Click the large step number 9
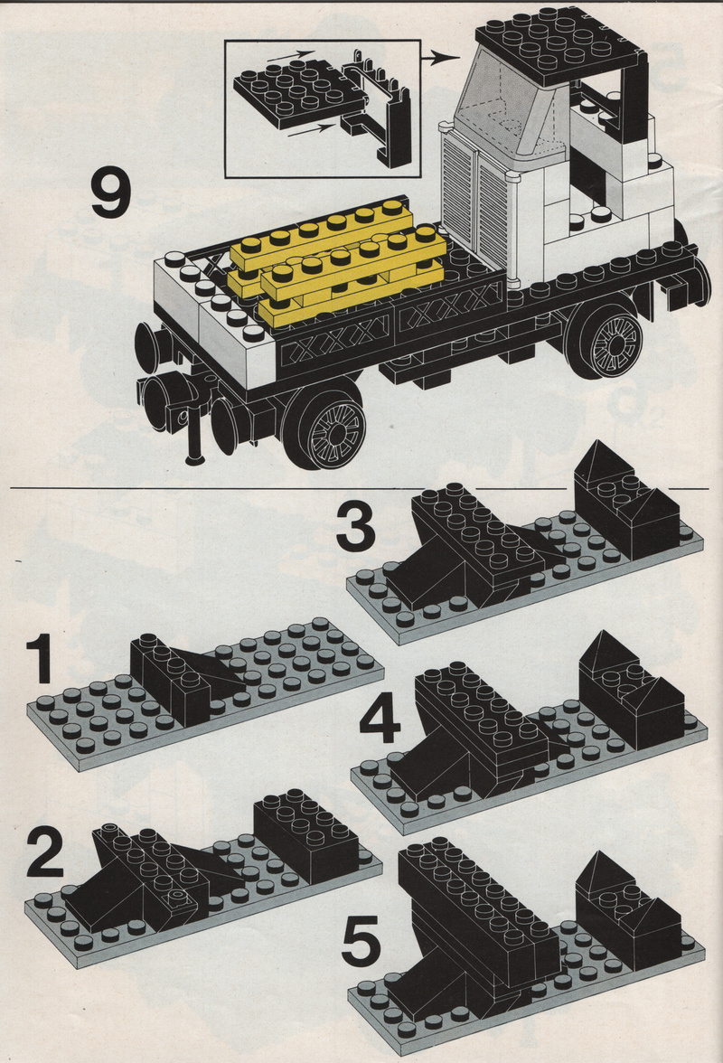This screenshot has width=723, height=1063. (x=110, y=195)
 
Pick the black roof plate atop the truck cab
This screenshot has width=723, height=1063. (x=559, y=42)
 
